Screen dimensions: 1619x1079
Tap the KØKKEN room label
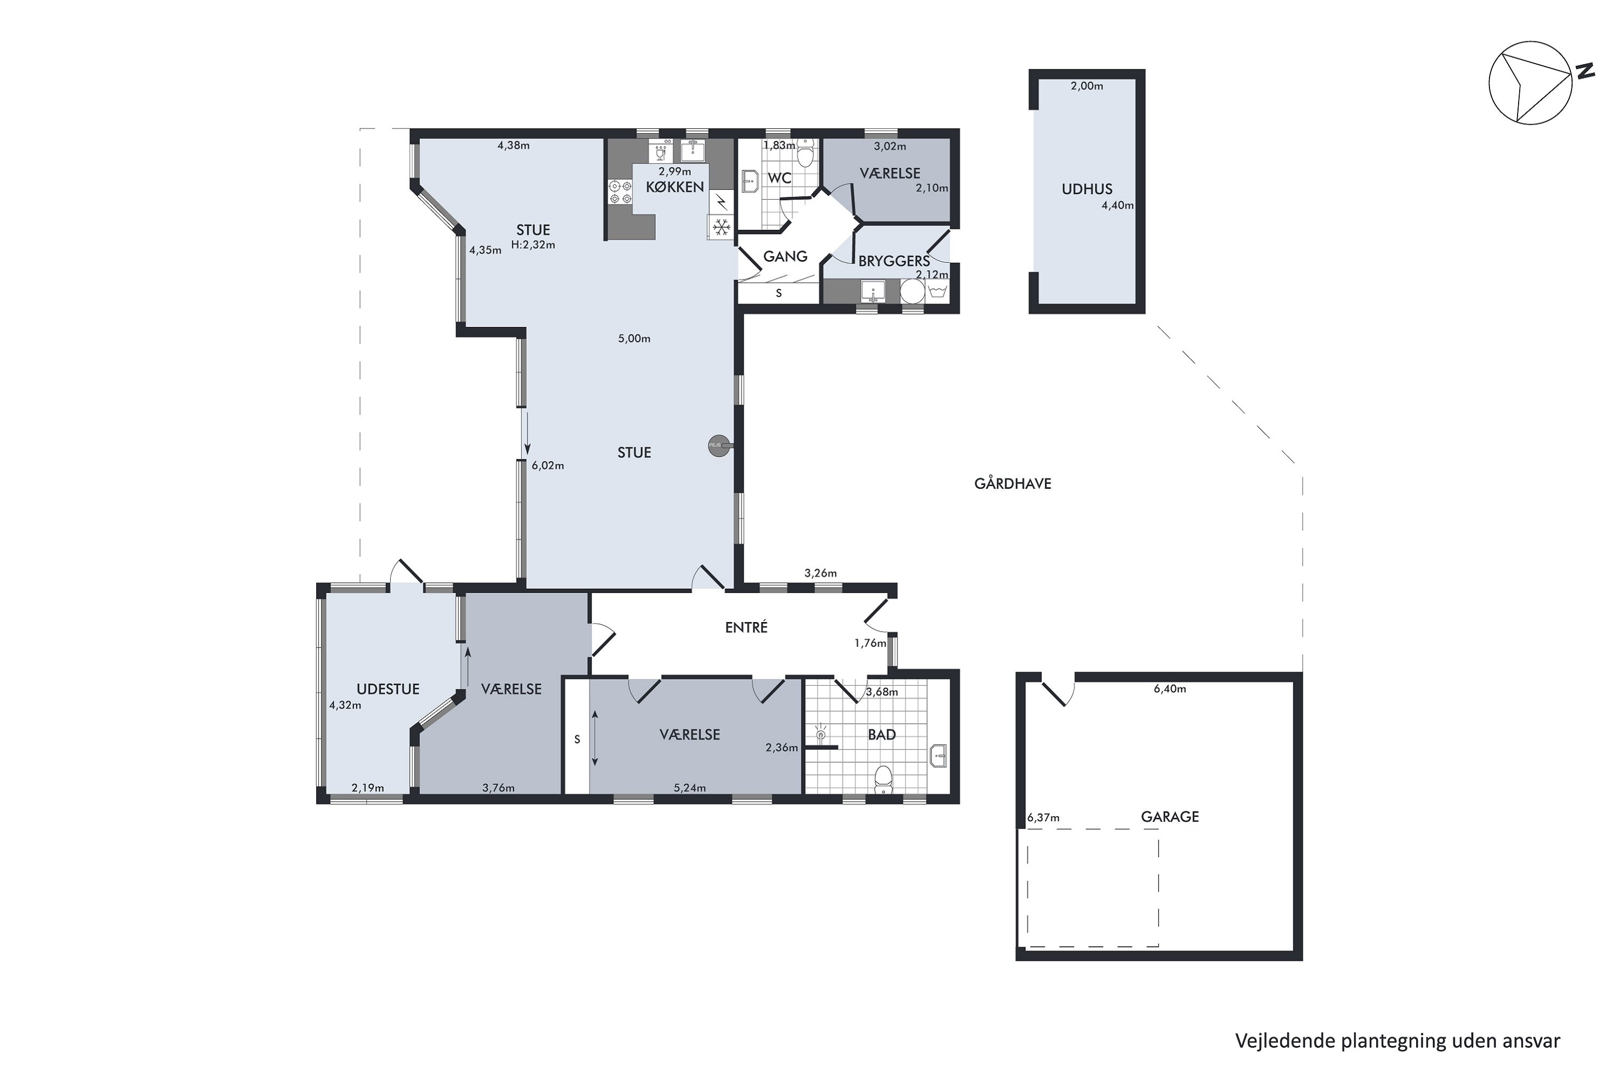point(675,187)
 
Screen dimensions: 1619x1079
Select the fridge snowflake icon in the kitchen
point(720,227)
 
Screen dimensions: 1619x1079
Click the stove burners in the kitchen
point(620,192)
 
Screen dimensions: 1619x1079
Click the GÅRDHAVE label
point(1012,484)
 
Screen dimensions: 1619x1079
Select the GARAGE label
point(1169,817)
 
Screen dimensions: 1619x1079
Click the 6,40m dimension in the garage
point(1169,689)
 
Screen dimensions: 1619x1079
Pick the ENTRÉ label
point(746,627)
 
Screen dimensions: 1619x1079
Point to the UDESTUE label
point(387,689)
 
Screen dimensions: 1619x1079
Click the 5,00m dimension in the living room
point(634,339)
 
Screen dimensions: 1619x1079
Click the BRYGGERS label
point(894,262)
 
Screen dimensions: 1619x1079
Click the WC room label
point(779,178)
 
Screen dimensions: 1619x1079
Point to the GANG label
point(785,257)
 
